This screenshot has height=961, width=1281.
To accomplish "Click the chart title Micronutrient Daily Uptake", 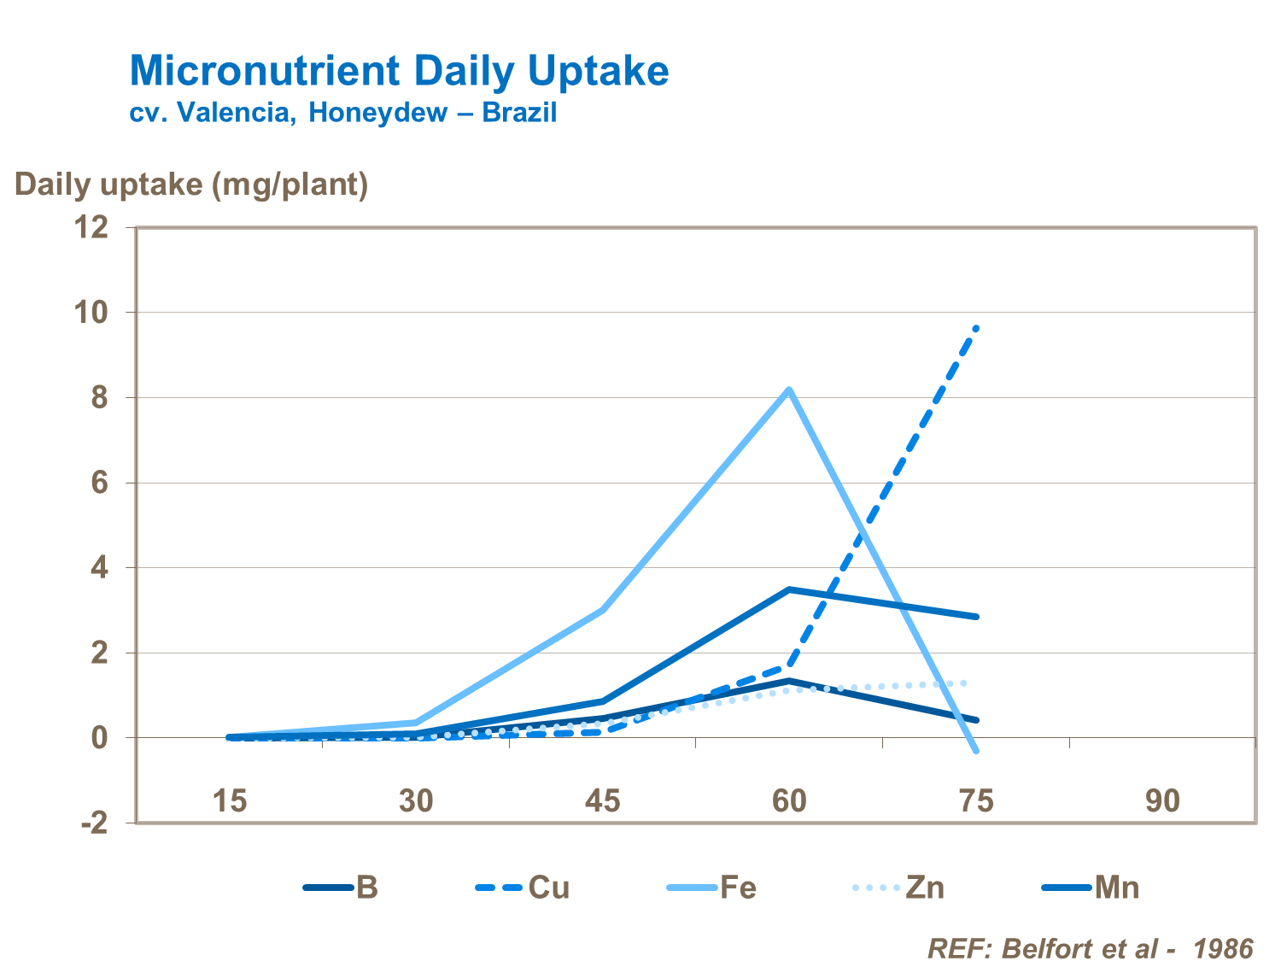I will pos(399,71).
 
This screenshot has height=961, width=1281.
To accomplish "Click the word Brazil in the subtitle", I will pos(519,112).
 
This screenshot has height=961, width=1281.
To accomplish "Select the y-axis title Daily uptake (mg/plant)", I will pos(191,184).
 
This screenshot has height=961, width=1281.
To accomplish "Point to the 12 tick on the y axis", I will pos(93,227).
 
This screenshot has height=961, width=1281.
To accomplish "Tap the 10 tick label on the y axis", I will pos(93,313).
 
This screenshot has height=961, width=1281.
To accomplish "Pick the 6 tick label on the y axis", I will pos(99,483).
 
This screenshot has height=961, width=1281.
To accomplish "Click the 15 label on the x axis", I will pos(230,801).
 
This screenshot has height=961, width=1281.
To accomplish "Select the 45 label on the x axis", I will pos(602,801).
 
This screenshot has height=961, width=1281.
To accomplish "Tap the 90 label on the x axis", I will pos(1162,801).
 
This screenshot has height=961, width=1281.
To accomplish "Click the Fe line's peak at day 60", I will pos(789,390).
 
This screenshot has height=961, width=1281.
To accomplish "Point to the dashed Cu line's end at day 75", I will pos(976,328).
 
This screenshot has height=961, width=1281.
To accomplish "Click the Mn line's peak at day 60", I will pos(789,589).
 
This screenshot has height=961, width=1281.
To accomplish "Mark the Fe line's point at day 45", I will pos(603,610).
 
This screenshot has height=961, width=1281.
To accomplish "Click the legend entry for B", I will pos(342,888).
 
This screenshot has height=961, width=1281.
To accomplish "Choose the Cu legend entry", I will pos(523,888).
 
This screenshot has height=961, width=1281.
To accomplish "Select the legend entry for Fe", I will pos(712,888).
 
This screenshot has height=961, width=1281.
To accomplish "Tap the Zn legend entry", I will pos(899,888).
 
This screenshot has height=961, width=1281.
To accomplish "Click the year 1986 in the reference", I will pos(1222,948).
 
